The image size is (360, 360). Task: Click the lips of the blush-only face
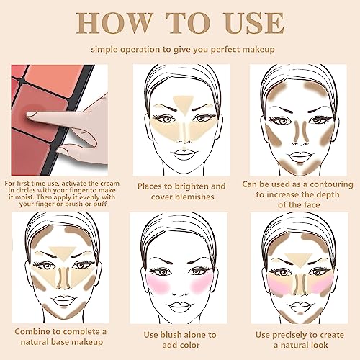pos(179,299)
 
